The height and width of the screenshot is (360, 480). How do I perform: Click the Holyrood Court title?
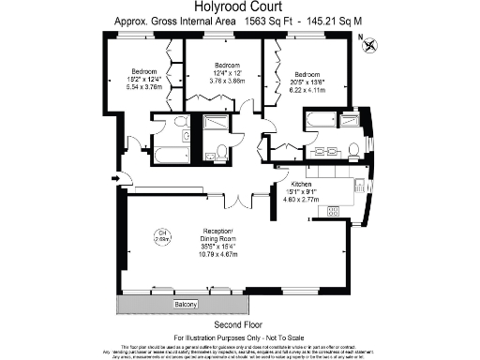[239, 7]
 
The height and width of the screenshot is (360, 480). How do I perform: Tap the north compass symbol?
[372, 42]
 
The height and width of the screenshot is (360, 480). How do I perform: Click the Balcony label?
[186, 306]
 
